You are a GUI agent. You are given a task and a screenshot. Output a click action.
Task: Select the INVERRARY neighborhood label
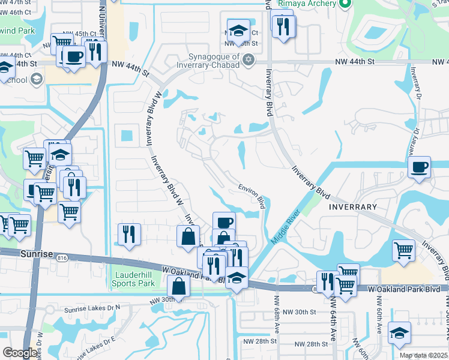pos(353,207)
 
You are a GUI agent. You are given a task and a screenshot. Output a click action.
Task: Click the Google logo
pos(20,353)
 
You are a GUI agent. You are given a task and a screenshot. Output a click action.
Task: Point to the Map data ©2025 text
pos(423,355)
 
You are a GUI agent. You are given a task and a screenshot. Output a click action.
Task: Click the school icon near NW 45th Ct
pos(238,31)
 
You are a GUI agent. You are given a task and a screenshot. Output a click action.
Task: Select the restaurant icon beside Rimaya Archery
pos(283,25)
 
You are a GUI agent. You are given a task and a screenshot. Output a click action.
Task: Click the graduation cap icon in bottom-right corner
pos(400,332)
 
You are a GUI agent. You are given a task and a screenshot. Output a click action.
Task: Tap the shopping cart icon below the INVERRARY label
pos(404,250)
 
